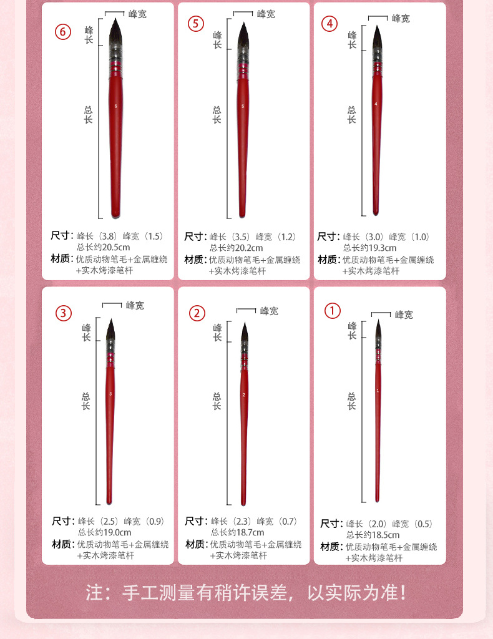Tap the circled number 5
point(197,24)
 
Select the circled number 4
point(329,24)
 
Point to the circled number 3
point(64,313)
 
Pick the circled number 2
point(197,313)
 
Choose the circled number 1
point(333,310)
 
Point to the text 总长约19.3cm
point(370,248)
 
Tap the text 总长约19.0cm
point(104,532)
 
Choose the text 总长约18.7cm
point(238,532)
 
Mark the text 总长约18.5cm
point(373,535)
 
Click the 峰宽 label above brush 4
point(401,19)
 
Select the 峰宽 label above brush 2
point(269,311)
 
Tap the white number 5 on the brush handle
point(242,106)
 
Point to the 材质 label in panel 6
point(62,259)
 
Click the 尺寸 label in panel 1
point(331,524)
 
